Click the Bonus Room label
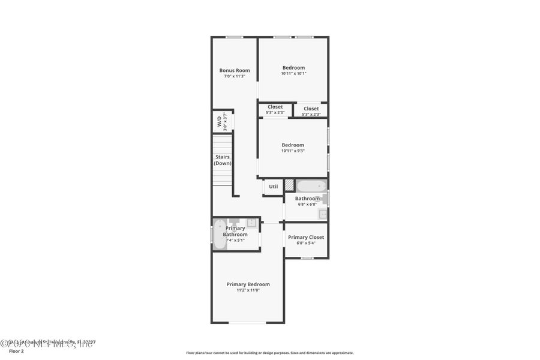click(235, 70)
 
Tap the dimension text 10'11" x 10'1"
click(293, 74)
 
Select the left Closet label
click(275, 107)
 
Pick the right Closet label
click(311, 109)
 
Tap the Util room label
click(273, 187)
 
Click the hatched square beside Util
click(289, 186)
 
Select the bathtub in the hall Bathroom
click(311, 186)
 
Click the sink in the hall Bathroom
click(323, 213)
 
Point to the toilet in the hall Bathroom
click(324, 199)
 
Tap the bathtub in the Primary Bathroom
click(220, 233)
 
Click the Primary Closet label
click(305, 237)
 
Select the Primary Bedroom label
click(248, 284)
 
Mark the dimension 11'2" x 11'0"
click(248, 290)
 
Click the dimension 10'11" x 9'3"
click(293, 151)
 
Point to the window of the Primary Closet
click(307, 258)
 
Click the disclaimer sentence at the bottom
click(269, 353)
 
